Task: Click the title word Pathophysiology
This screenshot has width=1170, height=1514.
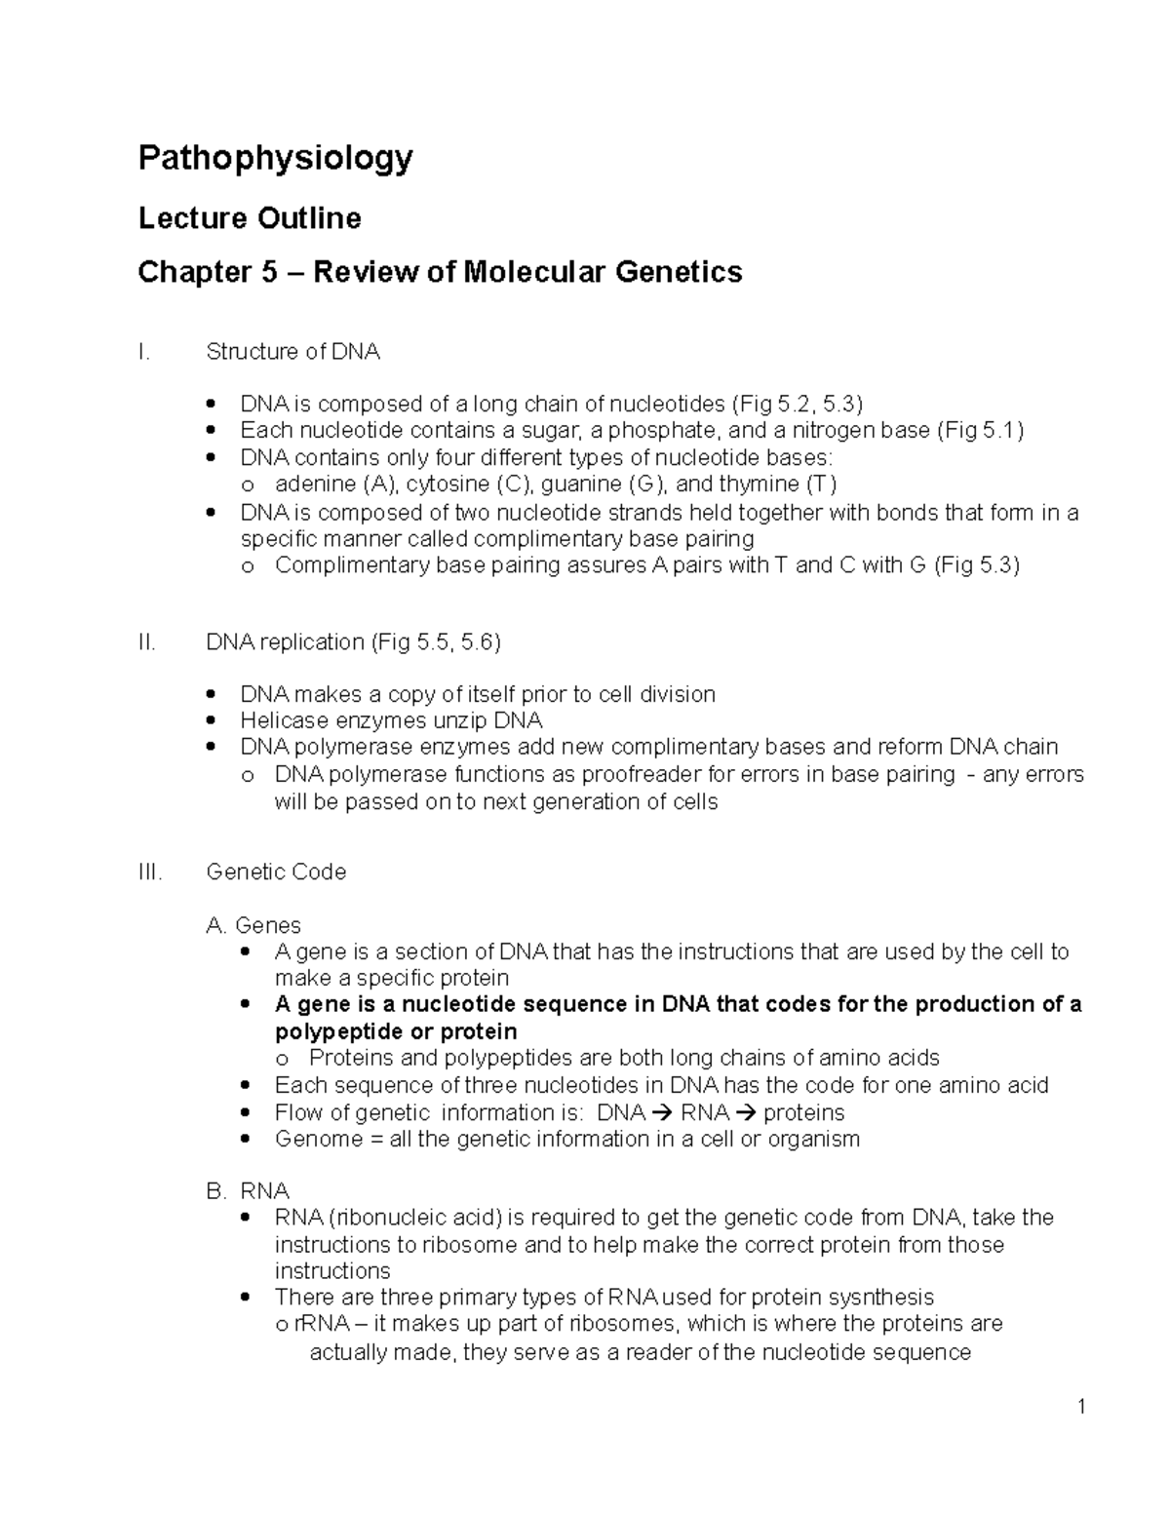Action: pyautogui.click(x=275, y=158)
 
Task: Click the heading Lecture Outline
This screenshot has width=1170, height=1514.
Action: pyautogui.click(x=250, y=218)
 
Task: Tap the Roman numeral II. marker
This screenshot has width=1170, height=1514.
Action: pyautogui.click(x=147, y=642)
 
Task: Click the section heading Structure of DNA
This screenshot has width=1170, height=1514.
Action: pyautogui.click(x=292, y=352)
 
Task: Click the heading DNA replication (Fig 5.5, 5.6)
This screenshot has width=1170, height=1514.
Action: pyautogui.click(x=353, y=642)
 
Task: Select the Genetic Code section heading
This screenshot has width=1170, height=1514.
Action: pyautogui.click(x=276, y=872)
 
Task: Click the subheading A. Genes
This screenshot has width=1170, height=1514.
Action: pyautogui.click(x=254, y=925)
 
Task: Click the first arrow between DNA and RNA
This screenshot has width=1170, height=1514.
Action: pyautogui.click(x=661, y=1113)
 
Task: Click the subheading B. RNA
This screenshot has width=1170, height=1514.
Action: pyautogui.click(x=249, y=1191)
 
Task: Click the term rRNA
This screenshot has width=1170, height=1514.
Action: pyautogui.click(x=315, y=1325)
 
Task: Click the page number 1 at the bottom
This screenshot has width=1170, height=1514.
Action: pyautogui.click(x=1081, y=1407)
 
